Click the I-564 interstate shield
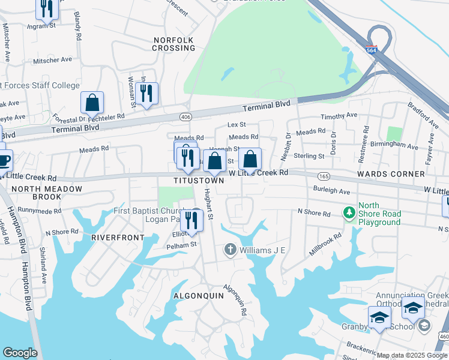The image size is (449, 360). (372, 52)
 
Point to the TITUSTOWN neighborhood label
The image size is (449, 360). (199, 180)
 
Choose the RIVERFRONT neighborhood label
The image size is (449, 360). (118, 238)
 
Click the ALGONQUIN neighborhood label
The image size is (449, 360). (198, 296)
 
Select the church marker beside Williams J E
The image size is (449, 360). (229, 249)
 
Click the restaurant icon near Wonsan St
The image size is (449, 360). (146, 94)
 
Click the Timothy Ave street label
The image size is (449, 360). (339, 116)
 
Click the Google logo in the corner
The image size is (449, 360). (20, 352)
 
